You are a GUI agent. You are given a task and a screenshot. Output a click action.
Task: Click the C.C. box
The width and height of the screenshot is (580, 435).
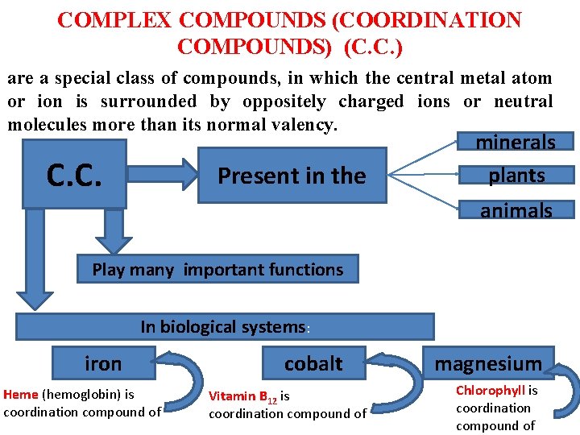74,175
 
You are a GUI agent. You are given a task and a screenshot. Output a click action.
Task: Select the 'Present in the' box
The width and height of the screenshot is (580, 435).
292,176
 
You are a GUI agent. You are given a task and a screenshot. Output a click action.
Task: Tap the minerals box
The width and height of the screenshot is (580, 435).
516,143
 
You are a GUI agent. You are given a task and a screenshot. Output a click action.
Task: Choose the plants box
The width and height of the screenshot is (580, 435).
516,175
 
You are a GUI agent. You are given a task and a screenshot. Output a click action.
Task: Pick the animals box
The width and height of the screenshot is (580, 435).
516,210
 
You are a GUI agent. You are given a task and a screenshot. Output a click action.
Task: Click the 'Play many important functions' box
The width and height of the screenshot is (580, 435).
217,270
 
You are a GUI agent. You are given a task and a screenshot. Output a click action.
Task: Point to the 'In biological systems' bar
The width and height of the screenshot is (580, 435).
224,326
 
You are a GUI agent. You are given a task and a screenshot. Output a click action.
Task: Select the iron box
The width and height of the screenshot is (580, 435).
103,363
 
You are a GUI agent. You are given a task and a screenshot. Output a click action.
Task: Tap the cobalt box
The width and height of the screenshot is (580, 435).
313,363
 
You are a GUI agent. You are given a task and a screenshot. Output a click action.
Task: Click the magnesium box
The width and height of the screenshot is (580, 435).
488,363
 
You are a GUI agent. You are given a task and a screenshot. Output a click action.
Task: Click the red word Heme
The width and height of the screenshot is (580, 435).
21,395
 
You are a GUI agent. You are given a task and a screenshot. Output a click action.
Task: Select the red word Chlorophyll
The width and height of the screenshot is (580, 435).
490,391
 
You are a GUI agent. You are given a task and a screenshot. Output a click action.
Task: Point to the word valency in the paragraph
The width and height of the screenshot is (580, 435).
305,126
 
